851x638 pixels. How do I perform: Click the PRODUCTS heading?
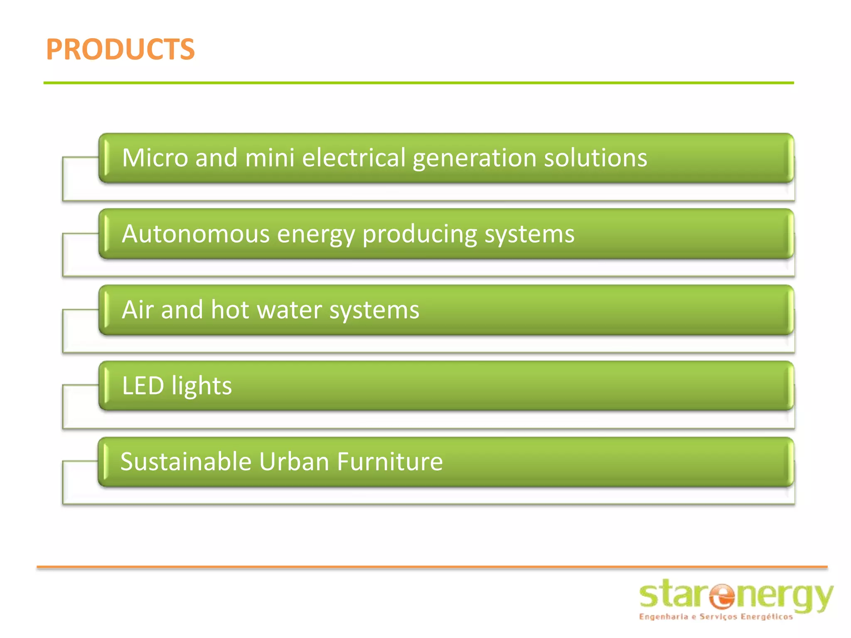click(x=120, y=49)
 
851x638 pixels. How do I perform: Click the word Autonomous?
click(x=196, y=234)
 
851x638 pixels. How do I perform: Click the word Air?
click(x=138, y=310)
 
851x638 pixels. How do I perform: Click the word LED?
click(x=143, y=386)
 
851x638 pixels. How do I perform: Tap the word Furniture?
click(x=390, y=461)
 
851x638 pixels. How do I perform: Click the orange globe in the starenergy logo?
click(x=722, y=596)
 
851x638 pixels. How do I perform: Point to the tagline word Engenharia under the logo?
click(x=663, y=617)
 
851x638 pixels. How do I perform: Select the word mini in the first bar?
click(x=270, y=158)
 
